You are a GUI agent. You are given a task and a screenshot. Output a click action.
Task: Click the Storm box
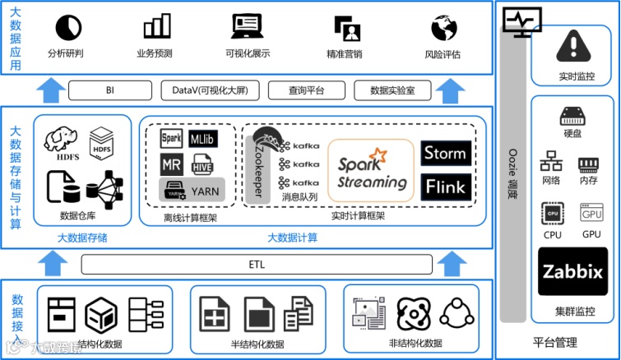pyautogui.click(x=445, y=153)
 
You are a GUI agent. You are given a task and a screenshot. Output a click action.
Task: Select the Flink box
pyautogui.click(x=445, y=187)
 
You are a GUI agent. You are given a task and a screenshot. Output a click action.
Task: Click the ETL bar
pyautogui.click(x=257, y=264)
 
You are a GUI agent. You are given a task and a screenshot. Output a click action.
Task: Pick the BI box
pyautogui.click(x=110, y=90)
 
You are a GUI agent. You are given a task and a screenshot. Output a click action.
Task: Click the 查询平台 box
pyautogui.click(x=308, y=90)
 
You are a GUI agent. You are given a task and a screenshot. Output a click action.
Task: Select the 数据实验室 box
pyautogui.click(x=392, y=90)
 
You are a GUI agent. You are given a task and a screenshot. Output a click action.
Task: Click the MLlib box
pyautogui.click(x=202, y=139)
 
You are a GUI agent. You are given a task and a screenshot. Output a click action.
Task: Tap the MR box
pyautogui.click(x=171, y=164)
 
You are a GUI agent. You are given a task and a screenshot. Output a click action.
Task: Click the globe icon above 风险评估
pyautogui.click(x=443, y=28)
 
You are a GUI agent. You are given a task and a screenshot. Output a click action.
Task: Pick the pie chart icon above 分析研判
pyautogui.click(x=67, y=28)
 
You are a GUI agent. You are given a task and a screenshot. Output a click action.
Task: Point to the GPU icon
pyautogui.click(x=591, y=213)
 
